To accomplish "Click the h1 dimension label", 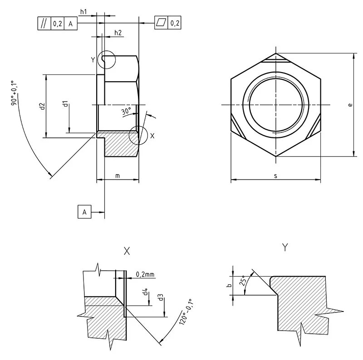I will point(83,11).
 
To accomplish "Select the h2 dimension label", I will point(118,32).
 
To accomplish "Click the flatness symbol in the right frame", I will point(161,22).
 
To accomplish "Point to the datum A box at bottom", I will point(84,211).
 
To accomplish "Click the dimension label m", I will point(117,175).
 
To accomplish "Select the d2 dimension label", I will point(42,106).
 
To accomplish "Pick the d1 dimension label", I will point(65,104).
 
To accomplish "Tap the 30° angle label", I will point(126,111).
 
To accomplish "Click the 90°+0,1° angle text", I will point(14,93).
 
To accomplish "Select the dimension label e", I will point(350,105).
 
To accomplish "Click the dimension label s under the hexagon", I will point(275,176).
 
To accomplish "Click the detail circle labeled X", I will point(137,135).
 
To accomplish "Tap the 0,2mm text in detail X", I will point(145,274).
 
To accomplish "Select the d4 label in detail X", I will point(145,293).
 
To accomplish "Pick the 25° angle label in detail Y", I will point(243,281).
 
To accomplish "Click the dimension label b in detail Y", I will point(230,285).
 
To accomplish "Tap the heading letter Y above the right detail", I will point(285,247).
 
